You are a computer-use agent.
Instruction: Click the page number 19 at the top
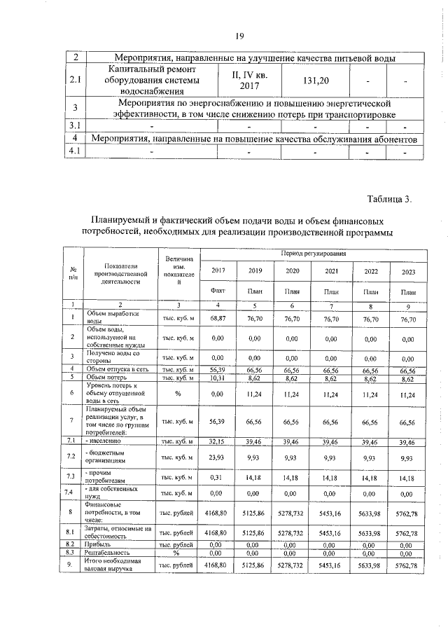[239, 36]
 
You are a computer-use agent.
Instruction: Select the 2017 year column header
[218, 271]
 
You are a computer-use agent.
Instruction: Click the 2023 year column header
[407, 271]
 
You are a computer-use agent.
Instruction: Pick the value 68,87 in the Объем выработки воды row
[218, 318]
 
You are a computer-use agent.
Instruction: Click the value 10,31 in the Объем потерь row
[218, 378]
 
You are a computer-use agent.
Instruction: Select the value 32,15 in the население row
[218, 442]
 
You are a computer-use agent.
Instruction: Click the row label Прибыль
[97, 544]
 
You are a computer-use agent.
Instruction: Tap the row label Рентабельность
[106, 552]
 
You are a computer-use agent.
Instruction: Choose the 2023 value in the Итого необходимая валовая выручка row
[407, 565]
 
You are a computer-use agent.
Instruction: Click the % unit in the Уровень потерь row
[178, 394]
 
